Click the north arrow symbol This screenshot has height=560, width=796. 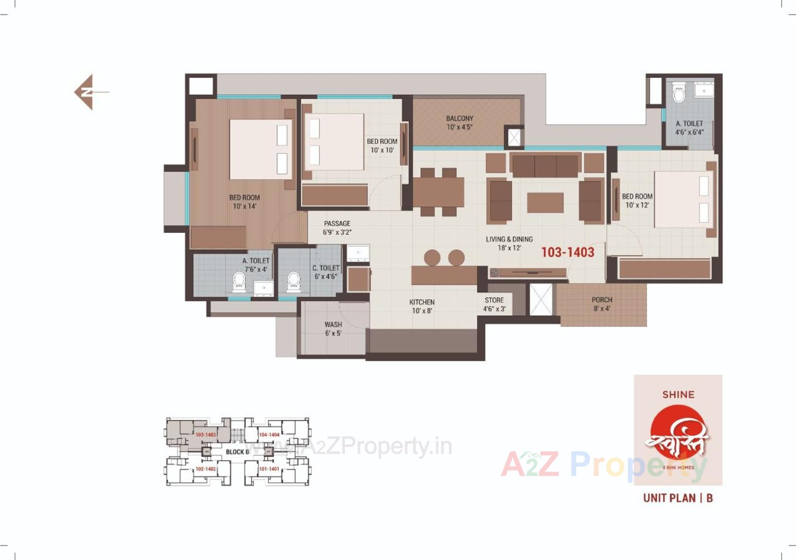click(88, 92)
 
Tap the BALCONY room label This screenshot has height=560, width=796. click(459, 119)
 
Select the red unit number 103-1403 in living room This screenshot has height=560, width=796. click(568, 252)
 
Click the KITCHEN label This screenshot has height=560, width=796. click(422, 302)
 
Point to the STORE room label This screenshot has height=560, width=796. click(494, 300)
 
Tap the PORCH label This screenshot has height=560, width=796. click(602, 299)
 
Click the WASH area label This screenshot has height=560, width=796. click(333, 324)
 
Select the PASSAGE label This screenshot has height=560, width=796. click(337, 224)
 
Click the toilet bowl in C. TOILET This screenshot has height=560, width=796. click(294, 280)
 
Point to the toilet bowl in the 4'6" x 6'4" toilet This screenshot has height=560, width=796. click(679, 95)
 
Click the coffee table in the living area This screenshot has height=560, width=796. click(545, 203)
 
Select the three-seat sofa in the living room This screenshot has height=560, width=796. click(545, 165)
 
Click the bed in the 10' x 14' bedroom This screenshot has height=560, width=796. click(260, 149)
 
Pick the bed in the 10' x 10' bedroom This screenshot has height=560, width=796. click(334, 141)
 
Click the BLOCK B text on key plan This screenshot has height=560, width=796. click(237, 452)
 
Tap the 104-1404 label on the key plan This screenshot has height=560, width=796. click(269, 435)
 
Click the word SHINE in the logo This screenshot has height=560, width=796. click(678, 394)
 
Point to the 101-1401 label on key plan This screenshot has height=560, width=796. click(269, 469)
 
